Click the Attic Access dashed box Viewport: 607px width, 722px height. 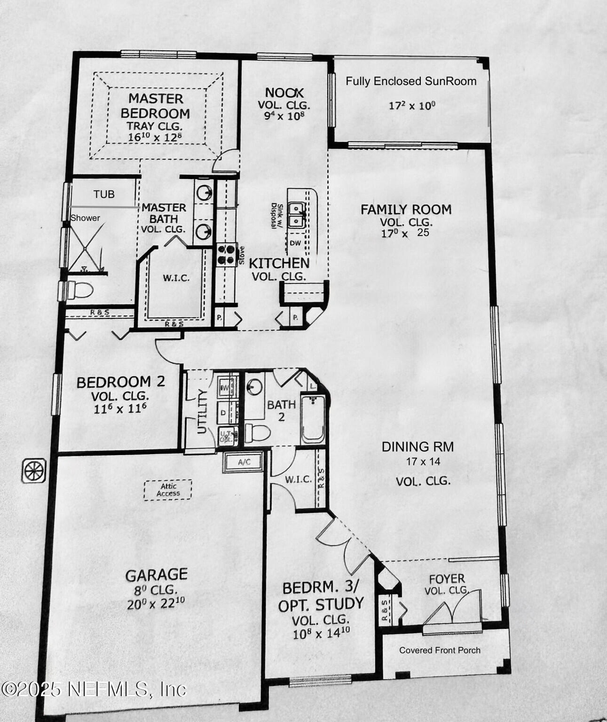pyautogui.click(x=168, y=490)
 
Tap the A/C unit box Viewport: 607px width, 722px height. pyautogui.click(x=244, y=462)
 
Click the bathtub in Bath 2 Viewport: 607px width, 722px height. pyautogui.click(x=313, y=418)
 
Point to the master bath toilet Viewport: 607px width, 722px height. pyautogui.click(x=79, y=290)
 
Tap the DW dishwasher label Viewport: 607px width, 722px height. pyautogui.click(x=295, y=243)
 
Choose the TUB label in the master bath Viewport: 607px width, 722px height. pyautogui.click(x=104, y=194)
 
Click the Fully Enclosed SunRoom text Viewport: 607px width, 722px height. pyautogui.click(x=411, y=81)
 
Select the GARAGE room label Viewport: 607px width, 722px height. pyautogui.click(x=156, y=574)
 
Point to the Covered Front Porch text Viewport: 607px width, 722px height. pyautogui.click(x=440, y=650)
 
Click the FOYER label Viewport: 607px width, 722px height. pyautogui.click(x=447, y=579)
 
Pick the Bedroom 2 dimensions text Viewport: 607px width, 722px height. pyautogui.click(x=120, y=408)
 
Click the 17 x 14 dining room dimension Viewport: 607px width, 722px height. pyautogui.click(x=423, y=462)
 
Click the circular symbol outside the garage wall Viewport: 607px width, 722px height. pyautogui.click(x=34, y=470)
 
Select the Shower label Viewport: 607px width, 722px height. pyautogui.click(x=85, y=218)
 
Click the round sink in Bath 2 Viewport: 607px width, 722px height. pyautogui.click(x=254, y=387)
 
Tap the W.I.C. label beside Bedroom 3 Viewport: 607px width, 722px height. pyautogui.click(x=298, y=479)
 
